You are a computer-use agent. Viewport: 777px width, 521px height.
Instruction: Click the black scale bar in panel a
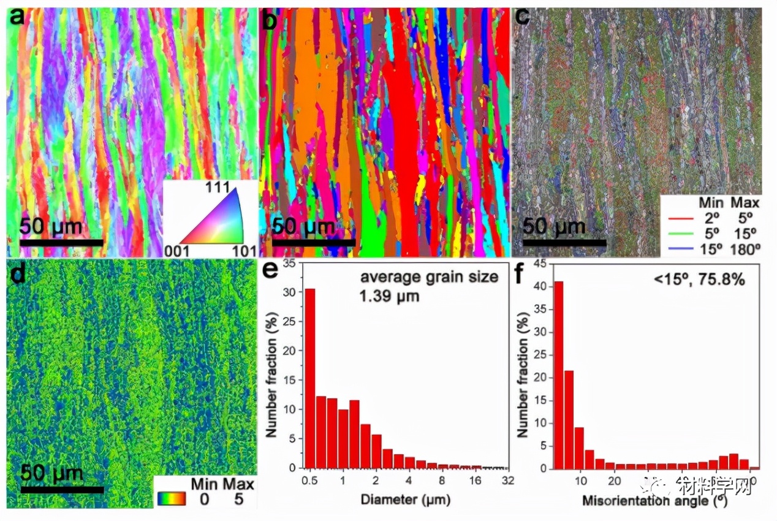click(61, 243)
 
